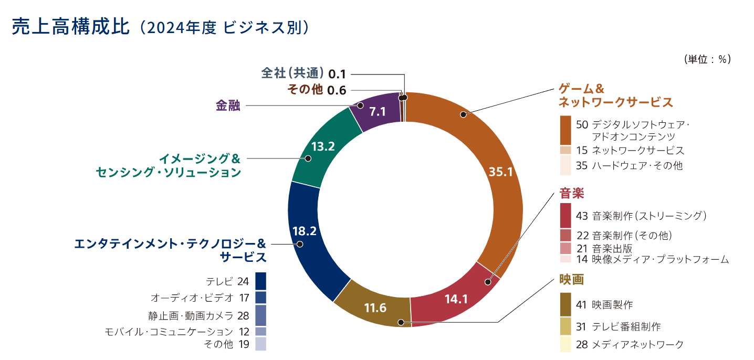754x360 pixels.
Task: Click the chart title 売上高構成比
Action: (70, 27)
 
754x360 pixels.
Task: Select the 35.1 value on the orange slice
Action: (500, 172)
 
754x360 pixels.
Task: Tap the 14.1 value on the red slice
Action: (456, 299)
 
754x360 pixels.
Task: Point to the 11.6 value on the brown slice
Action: (375, 308)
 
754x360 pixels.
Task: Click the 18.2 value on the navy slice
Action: (304, 231)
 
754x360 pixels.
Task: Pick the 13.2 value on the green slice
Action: (323, 146)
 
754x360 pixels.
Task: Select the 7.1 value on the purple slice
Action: (378, 111)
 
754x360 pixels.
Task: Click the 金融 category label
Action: (228, 105)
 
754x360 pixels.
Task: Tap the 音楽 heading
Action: (572, 194)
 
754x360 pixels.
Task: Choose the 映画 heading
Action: (572, 280)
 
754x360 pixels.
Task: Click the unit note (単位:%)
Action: (707, 59)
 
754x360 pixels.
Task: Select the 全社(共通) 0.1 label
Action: (303, 73)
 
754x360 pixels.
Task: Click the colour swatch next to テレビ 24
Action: (261, 281)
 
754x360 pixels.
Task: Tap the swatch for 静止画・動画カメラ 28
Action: (261, 315)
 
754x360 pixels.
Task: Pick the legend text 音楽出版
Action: (612, 249)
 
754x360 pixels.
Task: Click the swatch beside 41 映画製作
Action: (565, 304)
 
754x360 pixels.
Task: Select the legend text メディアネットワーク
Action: (637, 344)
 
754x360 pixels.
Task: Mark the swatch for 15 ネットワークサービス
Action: (565, 150)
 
